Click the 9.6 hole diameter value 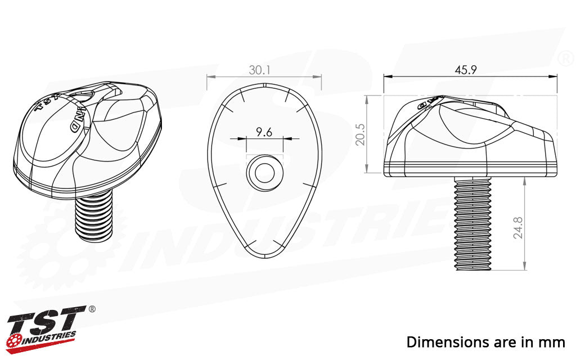(x=264, y=132)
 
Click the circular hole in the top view (x=264, y=172)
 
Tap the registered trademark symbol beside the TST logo (x=92, y=309)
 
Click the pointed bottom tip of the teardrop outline (x=264, y=256)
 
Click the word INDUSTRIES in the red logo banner (x=51, y=337)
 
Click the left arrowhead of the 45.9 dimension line (x=386, y=76)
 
